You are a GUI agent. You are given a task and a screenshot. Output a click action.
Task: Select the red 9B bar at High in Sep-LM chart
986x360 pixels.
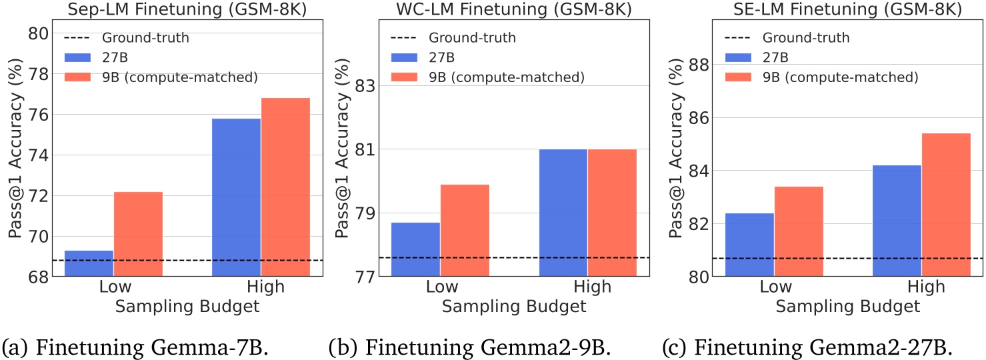pyautogui.click(x=285, y=187)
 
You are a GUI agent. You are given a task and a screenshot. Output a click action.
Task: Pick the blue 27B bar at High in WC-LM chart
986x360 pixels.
pyautogui.click(x=563, y=212)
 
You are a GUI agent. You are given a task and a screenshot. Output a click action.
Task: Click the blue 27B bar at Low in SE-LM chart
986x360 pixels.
pyautogui.click(x=749, y=244)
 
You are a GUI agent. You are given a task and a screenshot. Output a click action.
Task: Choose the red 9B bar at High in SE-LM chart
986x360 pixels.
pyautogui.click(x=946, y=204)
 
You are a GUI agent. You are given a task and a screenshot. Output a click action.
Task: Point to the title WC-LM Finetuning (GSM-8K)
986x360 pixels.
pyautogui.click(x=501, y=9)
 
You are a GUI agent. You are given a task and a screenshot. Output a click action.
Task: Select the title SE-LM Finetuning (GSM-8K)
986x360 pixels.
pyautogui.click(x=835, y=9)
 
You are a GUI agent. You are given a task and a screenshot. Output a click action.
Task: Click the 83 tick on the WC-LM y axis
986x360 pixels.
pyautogui.click(x=365, y=86)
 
